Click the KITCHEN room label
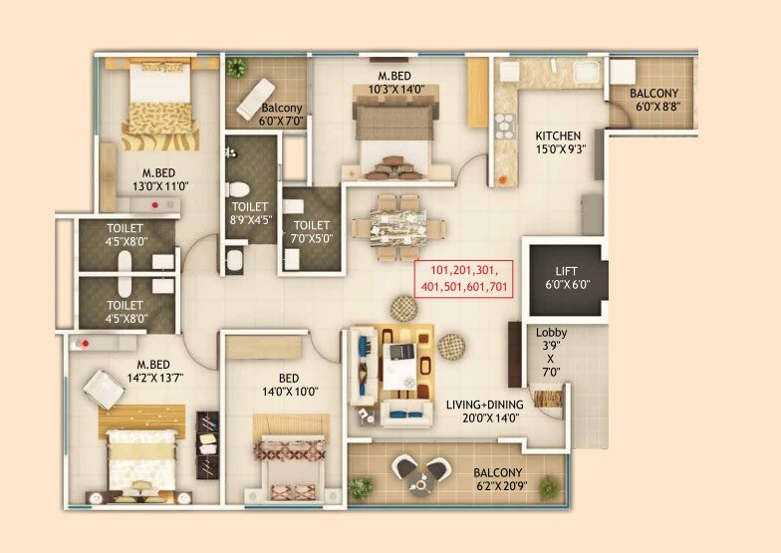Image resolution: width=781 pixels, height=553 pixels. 558,137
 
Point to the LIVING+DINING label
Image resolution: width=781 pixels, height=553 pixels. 485,406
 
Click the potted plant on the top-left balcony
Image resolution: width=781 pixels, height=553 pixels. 237,69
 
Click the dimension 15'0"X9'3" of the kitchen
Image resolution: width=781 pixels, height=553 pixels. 558,150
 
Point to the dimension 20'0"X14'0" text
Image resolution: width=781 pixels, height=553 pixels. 484,420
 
